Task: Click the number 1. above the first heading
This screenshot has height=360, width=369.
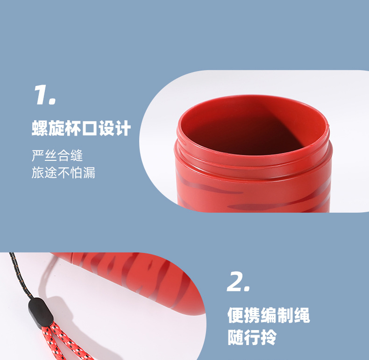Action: [x=45, y=95]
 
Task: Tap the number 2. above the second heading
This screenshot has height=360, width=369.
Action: [x=238, y=282]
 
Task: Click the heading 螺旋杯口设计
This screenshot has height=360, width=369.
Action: [x=81, y=128]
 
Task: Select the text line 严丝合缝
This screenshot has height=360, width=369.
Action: [x=57, y=156]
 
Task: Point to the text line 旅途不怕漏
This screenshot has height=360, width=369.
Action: [x=64, y=173]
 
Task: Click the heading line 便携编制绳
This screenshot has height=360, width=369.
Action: [x=269, y=315]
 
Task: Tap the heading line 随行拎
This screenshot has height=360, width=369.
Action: [x=252, y=337]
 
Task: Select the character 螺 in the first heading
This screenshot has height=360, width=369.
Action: [x=40, y=128]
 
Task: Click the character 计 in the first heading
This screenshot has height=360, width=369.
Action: [x=122, y=128]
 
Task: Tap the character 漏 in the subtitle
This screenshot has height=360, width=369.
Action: [x=89, y=173]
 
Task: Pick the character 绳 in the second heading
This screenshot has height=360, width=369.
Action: [x=302, y=315]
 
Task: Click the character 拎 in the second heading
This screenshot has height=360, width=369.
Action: [x=269, y=337]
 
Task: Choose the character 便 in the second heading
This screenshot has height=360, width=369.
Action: [x=235, y=315]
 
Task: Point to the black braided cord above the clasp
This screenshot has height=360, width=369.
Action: [x=20, y=276]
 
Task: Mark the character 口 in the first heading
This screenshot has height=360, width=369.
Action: [x=89, y=128]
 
